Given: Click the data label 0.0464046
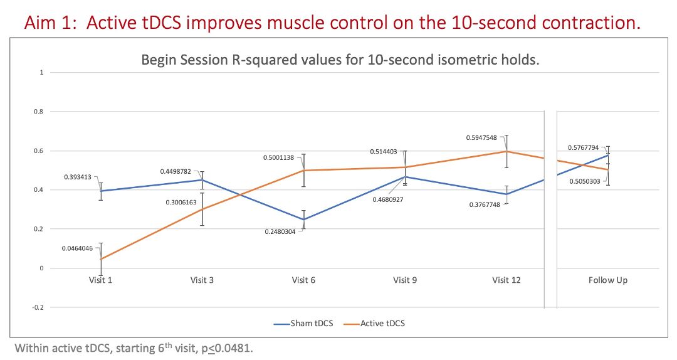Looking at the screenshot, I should click(77, 248).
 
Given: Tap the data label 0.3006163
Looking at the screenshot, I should click(179, 203).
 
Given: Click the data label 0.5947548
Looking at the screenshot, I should click(481, 137).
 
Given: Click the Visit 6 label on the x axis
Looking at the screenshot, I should click(303, 280).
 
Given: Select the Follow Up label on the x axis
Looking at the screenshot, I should click(607, 280).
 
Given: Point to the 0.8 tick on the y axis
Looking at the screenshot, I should click(43, 112).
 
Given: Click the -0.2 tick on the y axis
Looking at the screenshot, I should click(41, 307).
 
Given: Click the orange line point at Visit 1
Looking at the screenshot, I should click(100, 259).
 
